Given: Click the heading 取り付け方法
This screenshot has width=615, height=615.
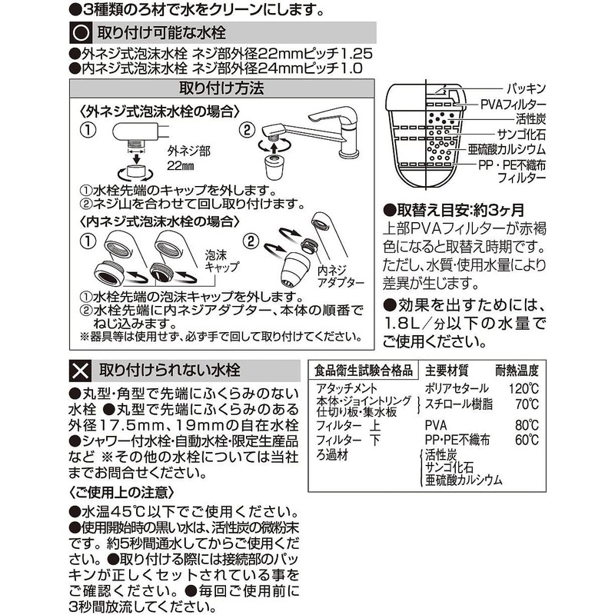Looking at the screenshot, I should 221,88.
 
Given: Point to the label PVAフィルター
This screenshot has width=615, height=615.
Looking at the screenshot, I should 514,104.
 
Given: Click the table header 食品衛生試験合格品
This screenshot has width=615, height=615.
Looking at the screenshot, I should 364,369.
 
